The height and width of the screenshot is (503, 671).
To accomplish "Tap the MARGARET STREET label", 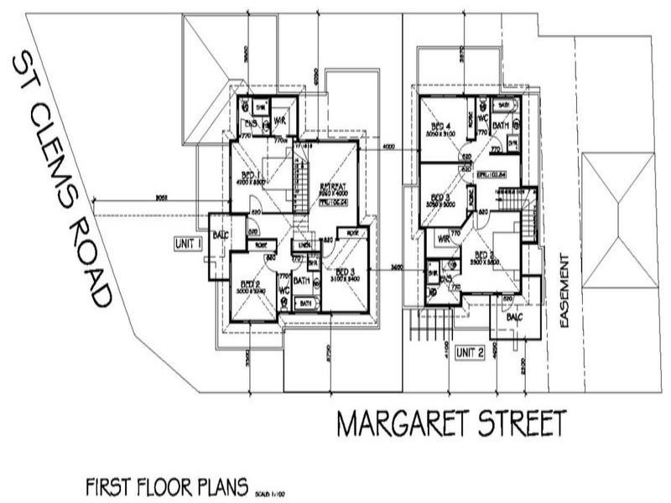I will click(451, 423).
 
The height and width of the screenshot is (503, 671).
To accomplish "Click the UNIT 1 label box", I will click(189, 244).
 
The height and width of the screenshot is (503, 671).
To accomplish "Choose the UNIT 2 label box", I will click(471, 353).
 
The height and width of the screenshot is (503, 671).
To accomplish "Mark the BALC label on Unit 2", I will click(512, 319).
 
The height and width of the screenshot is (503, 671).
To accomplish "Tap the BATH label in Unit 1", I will click(302, 281).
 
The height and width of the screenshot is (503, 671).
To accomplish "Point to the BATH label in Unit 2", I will click(502, 125).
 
